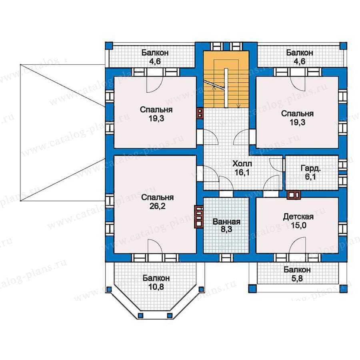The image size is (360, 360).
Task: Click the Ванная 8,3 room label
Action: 226,226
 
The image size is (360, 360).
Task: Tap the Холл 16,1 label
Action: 242,168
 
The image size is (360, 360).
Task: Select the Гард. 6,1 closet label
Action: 311,173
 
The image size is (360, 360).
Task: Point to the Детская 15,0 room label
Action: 298,221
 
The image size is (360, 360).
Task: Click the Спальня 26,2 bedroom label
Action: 157,202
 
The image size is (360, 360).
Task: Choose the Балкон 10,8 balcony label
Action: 156,282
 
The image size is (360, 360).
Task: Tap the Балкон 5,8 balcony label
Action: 297,274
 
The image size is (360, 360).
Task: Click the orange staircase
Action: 226,79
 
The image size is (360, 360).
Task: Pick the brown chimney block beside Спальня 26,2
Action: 198,216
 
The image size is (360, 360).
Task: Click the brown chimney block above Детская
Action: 294,195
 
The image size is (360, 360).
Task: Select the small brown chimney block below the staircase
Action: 200,113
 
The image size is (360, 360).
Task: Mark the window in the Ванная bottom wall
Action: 226,258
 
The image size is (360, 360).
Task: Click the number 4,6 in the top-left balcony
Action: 155,62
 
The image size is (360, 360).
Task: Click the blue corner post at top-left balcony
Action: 109,46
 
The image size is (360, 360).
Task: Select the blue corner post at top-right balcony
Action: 344,46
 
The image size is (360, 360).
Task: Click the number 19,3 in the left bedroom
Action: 156,118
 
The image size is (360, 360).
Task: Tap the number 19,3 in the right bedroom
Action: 297,122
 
